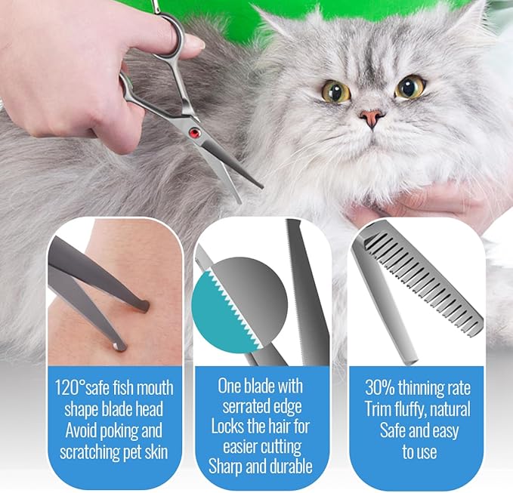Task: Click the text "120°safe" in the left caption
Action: click(85, 388)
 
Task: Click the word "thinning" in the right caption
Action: click(426, 389)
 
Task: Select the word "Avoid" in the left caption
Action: click(79, 431)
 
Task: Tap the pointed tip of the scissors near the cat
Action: click(260, 185)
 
